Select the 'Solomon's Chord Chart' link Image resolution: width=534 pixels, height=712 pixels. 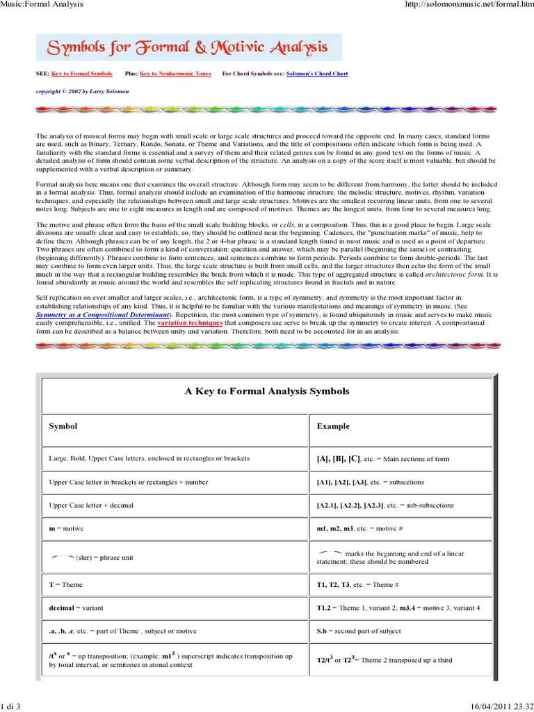(x=313, y=73)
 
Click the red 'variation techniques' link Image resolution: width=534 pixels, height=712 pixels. (x=191, y=323)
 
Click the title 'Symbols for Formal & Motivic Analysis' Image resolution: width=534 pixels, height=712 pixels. (x=188, y=48)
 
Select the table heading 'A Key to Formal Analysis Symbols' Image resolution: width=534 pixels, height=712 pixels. (x=267, y=391)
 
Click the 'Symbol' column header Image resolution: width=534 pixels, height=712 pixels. (x=63, y=426)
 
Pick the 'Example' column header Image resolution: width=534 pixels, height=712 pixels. (x=333, y=426)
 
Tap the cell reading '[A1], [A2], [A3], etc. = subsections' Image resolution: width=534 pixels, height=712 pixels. (x=370, y=482)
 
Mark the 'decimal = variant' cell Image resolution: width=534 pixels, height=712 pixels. (x=76, y=607)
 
